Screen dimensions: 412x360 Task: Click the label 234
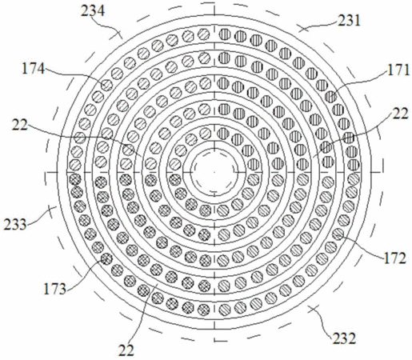click(93, 11)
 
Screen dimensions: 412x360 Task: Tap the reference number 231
click(350, 21)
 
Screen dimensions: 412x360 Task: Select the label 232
click(344, 338)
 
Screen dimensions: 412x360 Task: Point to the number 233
click(15, 224)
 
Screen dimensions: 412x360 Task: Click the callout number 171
click(398, 70)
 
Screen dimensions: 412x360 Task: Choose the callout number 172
click(394, 258)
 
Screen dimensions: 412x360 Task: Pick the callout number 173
click(54, 289)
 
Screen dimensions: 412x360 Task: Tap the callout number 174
click(33, 69)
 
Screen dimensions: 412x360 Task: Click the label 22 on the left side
click(20, 125)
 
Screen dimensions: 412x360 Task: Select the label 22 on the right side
click(400, 114)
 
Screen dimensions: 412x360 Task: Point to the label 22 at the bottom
click(126, 350)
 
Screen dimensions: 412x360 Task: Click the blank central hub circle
click(214, 172)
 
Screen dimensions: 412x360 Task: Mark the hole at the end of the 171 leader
click(330, 97)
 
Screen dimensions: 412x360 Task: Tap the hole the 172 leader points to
click(338, 234)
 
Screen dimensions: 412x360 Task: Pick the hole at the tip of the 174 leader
click(106, 86)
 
